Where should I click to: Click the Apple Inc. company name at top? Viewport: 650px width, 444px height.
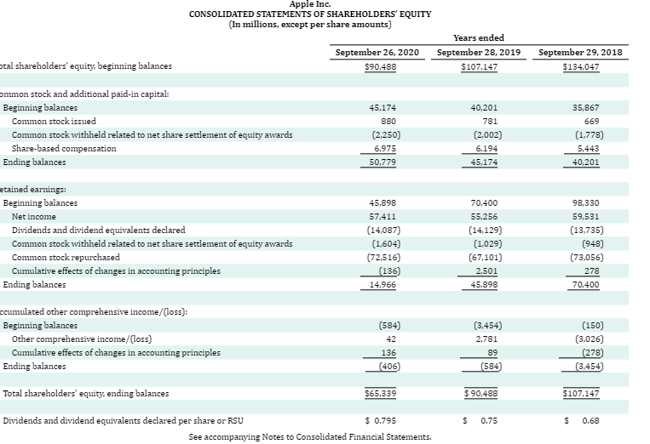tap(310, 4)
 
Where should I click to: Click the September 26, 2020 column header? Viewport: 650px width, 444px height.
tap(377, 52)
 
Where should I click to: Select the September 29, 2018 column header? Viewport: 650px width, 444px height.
tap(581, 52)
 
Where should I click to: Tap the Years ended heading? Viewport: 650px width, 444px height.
tap(479, 37)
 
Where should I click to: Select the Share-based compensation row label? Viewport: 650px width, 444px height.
tap(64, 149)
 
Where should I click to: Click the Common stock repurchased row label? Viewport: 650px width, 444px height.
tap(66, 257)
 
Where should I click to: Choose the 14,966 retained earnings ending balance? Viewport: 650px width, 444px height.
tap(382, 284)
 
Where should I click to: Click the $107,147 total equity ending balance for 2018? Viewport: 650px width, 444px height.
tap(581, 394)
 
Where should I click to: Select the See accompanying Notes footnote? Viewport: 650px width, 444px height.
tap(309, 437)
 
